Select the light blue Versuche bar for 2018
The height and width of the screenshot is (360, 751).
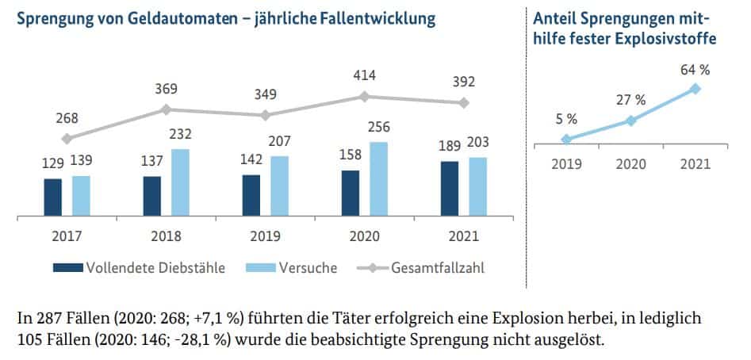(x=180, y=182)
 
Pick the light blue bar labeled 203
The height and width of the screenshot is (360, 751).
(x=478, y=186)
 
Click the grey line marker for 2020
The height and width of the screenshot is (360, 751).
(x=365, y=96)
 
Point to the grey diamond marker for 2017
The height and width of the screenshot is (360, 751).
(x=67, y=138)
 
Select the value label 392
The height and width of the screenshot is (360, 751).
(x=465, y=82)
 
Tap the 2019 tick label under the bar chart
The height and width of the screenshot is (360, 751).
(x=266, y=236)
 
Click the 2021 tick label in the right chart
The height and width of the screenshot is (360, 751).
(x=695, y=164)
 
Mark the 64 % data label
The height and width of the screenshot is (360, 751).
(x=695, y=69)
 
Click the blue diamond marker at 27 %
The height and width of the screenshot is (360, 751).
(x=630, y=121)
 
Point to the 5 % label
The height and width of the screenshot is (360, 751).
(x=565, y=119)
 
